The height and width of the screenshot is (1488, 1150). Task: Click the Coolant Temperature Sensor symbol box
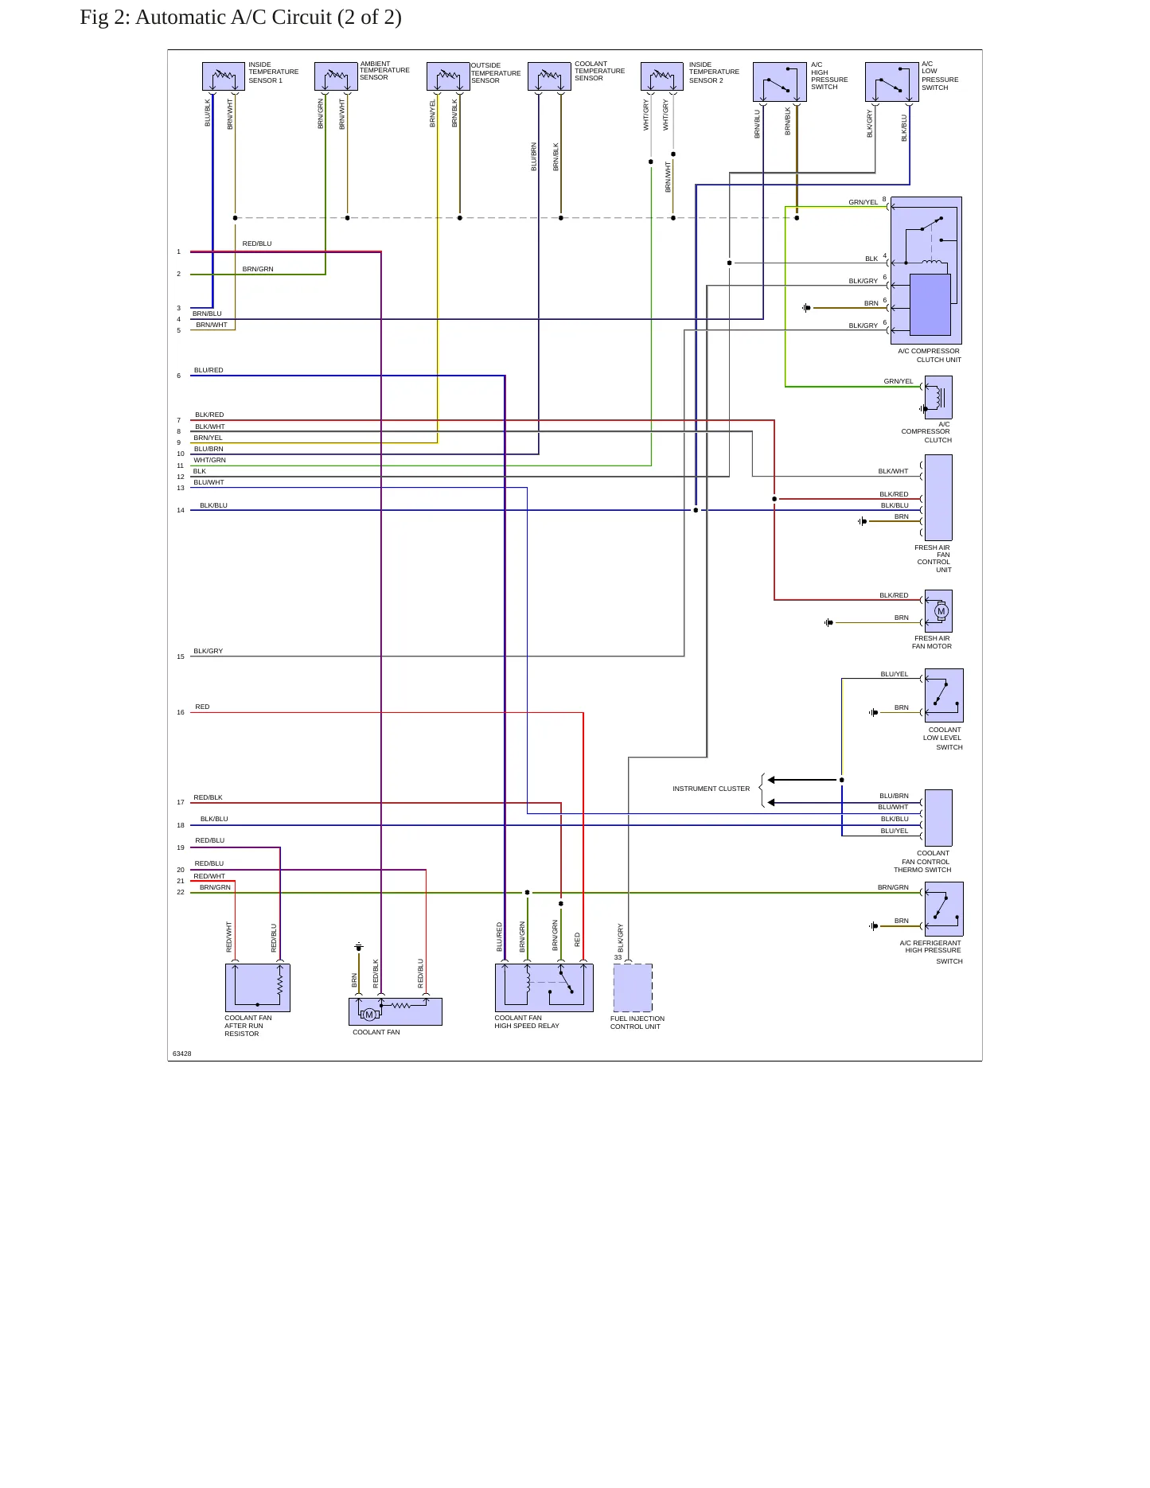pos(549,76)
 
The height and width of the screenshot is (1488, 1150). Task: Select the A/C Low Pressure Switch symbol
pos(891,82)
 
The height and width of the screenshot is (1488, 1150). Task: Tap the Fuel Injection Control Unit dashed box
pos(633,987)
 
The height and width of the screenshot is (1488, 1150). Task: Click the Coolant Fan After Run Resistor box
pos(258,987)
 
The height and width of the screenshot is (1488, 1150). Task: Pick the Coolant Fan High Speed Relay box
pos(544,987)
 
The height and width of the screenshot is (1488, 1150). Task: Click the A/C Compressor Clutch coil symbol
pos(938,397)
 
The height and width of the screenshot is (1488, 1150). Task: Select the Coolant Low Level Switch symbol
pos(944,695)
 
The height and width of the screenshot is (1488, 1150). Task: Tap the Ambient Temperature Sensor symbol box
pos(336,76)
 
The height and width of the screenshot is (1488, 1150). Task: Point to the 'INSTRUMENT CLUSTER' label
pos(711,789)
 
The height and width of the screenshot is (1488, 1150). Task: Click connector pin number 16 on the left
pos(181,712)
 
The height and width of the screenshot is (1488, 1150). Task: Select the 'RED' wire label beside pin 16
pos(202,707)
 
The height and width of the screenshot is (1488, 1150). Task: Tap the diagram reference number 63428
pos(181,1054)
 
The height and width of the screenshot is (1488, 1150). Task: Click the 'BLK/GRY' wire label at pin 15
pos(209,651)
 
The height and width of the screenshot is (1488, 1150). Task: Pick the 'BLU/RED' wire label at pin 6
pos(209,370)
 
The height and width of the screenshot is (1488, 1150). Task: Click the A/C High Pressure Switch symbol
pos(780,82)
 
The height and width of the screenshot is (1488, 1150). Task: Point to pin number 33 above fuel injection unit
pos(618,957)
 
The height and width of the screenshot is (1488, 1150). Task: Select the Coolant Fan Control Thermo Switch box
pos(938,818)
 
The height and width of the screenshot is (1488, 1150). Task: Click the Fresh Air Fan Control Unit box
pos(938,497)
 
